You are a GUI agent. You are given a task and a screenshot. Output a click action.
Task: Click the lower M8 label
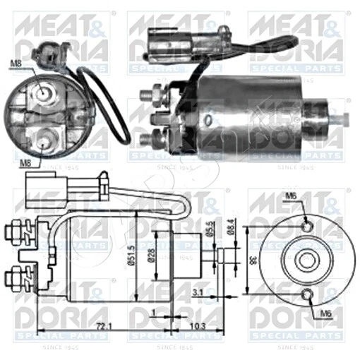(x=23, y=162)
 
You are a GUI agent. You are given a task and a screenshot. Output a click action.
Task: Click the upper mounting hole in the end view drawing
(x=306, y=226)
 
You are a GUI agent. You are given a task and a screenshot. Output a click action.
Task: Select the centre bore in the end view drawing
(x=306, y=260)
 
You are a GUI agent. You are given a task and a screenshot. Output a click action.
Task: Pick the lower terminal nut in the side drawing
(x=17, y=272)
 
